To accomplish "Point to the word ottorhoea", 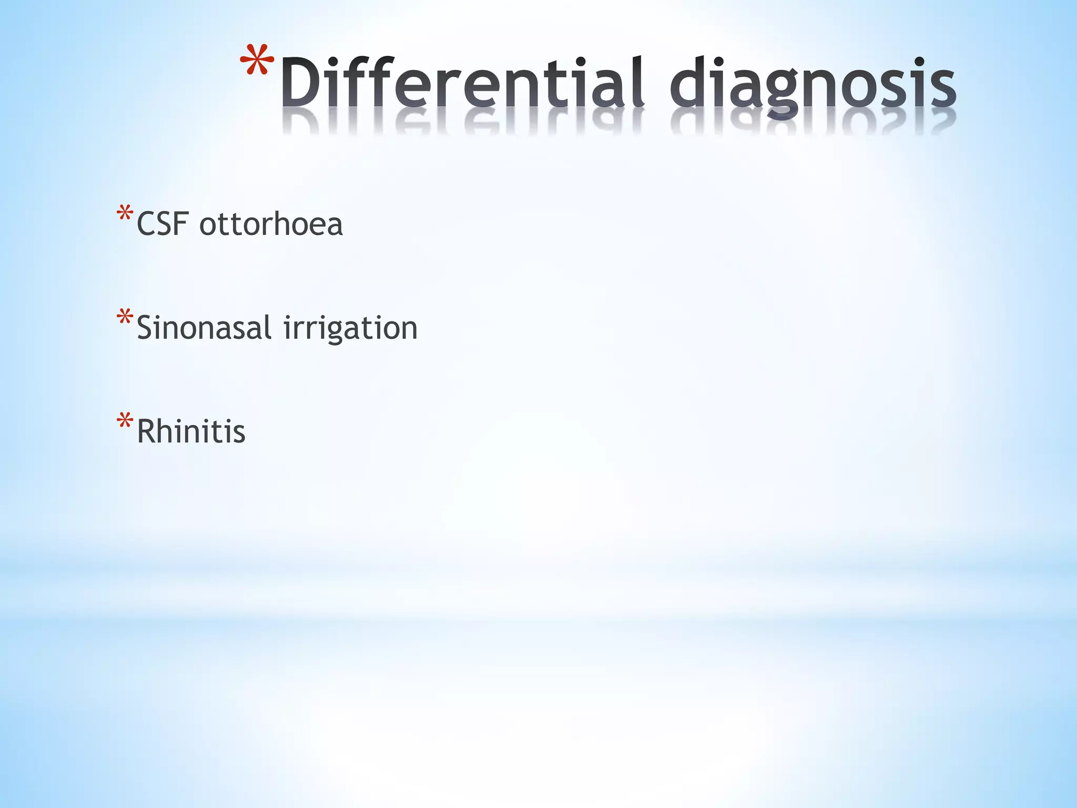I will click(x=271, y=224).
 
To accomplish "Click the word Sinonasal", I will click(x=204, y=327).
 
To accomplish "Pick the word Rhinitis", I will click(x=191, y=431).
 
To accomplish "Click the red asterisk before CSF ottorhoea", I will click(x=125, y=214).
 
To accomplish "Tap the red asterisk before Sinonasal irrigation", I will click(x=125, y=318).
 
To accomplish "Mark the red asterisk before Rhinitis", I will click(x=125, y=421).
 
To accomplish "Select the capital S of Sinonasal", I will click(x=146, y=327).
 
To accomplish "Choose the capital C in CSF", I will click(x=147, y=224).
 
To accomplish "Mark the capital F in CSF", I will click(x=181, y=224).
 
